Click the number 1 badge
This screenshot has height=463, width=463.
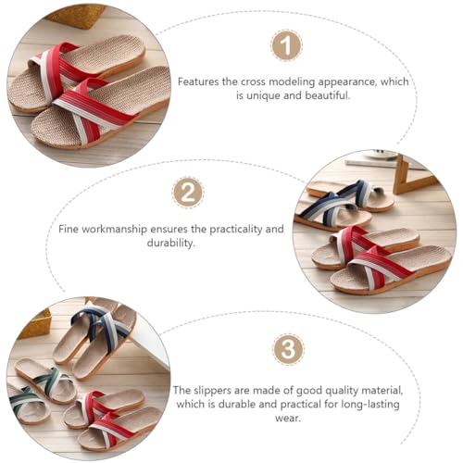(286, 45)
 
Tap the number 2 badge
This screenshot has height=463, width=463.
(188, 193)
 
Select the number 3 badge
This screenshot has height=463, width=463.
(288, 349)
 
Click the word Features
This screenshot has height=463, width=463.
(198, 81)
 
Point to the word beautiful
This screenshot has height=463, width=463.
(328, 95)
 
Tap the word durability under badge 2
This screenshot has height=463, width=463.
(171, 243)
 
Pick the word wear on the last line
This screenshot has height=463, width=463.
(288, 419)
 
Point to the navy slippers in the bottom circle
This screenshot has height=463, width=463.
(94, 342)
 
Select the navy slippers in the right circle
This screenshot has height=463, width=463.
(343, 205)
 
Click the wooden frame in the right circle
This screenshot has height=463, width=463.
(407, 174)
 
